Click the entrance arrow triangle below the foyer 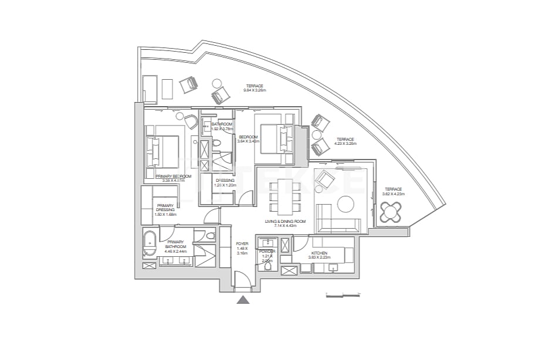click(243, 300)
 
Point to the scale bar click(341, 293)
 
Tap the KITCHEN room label click(320, 253)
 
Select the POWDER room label click(267, 251)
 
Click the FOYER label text click(242, 243)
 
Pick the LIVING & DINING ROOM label click(285, 221)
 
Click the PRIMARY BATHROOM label click(176, 244)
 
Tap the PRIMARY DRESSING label click(165, 208)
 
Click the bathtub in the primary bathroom click(150, 244)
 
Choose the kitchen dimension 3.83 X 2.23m click(320, 257)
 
